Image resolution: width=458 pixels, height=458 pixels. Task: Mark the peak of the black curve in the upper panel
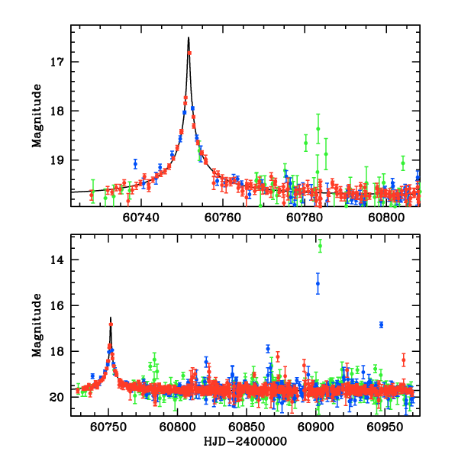(189, 37)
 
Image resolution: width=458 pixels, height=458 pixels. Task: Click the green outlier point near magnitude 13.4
(320, 246)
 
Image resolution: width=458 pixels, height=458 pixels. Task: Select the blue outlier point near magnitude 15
(318, 284)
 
